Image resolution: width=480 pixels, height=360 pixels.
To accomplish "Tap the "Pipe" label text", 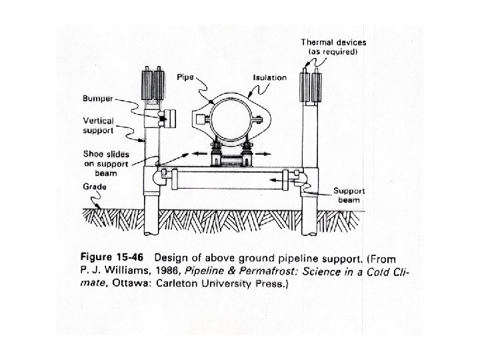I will [x=184, y=78].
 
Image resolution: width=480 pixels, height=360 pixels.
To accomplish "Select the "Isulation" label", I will [x=269, y=77].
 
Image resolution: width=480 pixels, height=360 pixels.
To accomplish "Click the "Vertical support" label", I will [x=98, y=125].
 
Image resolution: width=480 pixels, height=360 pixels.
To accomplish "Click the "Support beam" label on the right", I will [x=349, y=195].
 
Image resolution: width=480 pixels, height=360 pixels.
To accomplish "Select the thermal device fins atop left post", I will [x=153, y=87].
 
